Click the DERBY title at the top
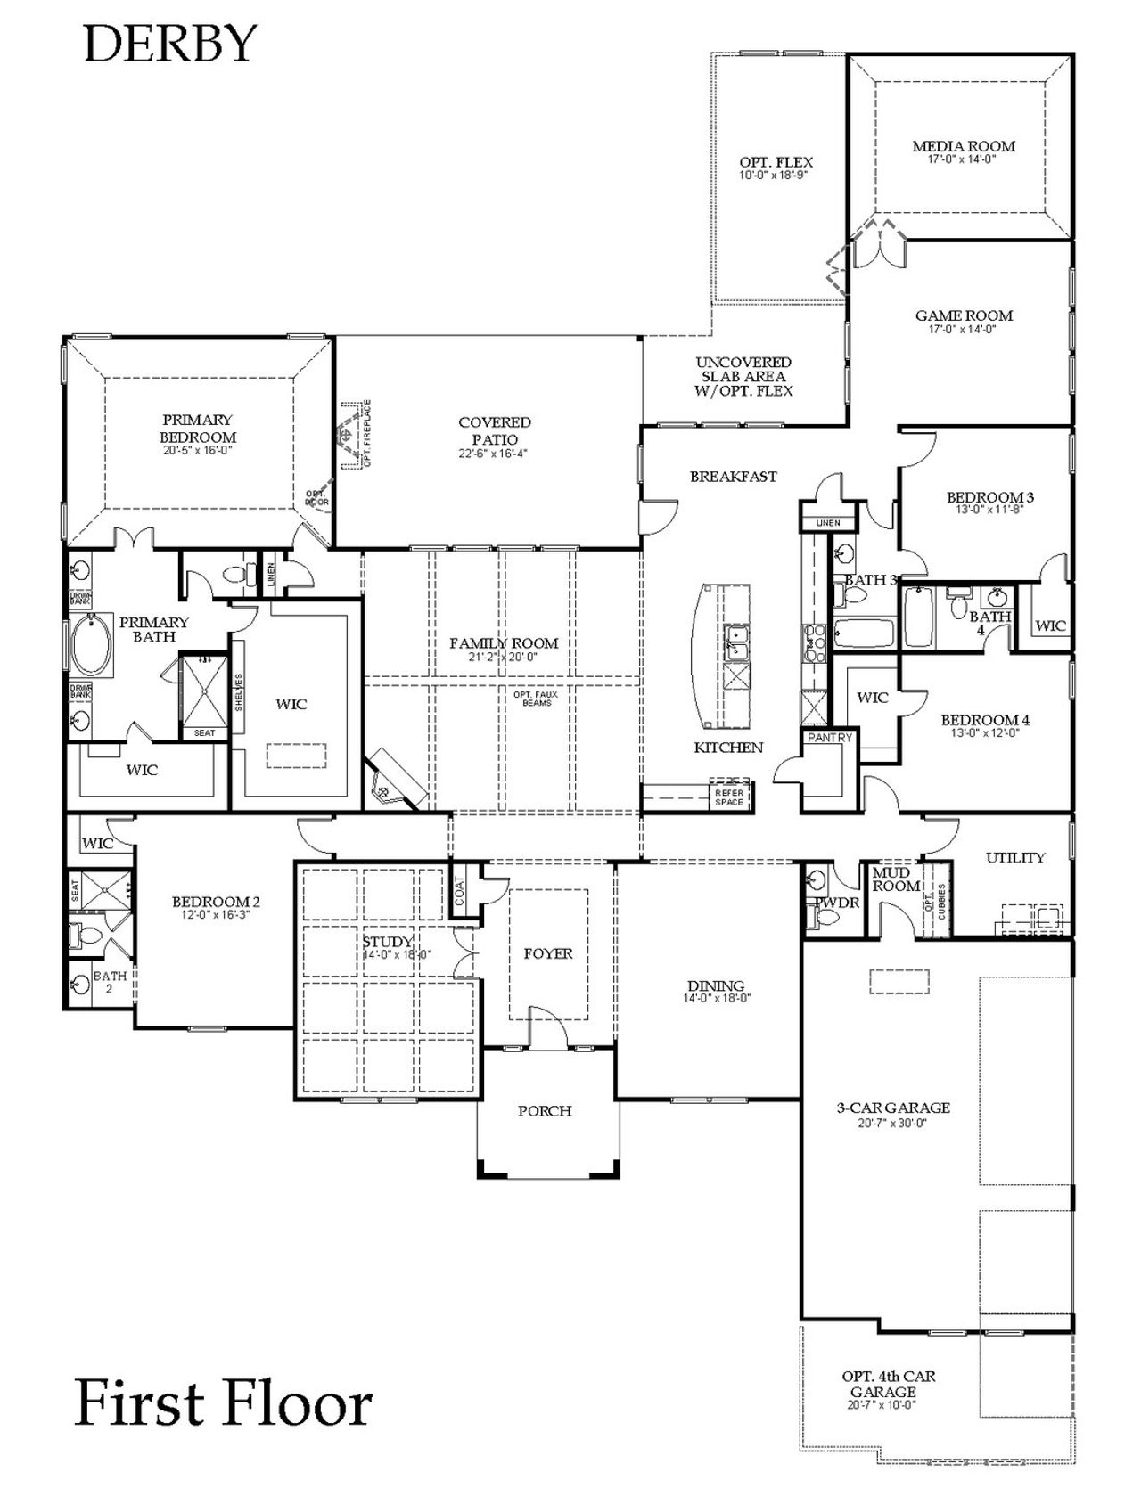point(169,44)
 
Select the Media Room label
point(963,146)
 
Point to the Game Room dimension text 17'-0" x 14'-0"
point(962,329)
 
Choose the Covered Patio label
point(495,430)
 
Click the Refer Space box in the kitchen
point(729,797)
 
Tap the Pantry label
point(829,738)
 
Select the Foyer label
point(548,953)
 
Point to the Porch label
point(545,1111)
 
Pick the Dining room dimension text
point(716,999)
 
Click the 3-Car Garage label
point(893,1108)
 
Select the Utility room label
point(1014,857)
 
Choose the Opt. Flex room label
point(776,162)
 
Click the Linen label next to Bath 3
point(828,523)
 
